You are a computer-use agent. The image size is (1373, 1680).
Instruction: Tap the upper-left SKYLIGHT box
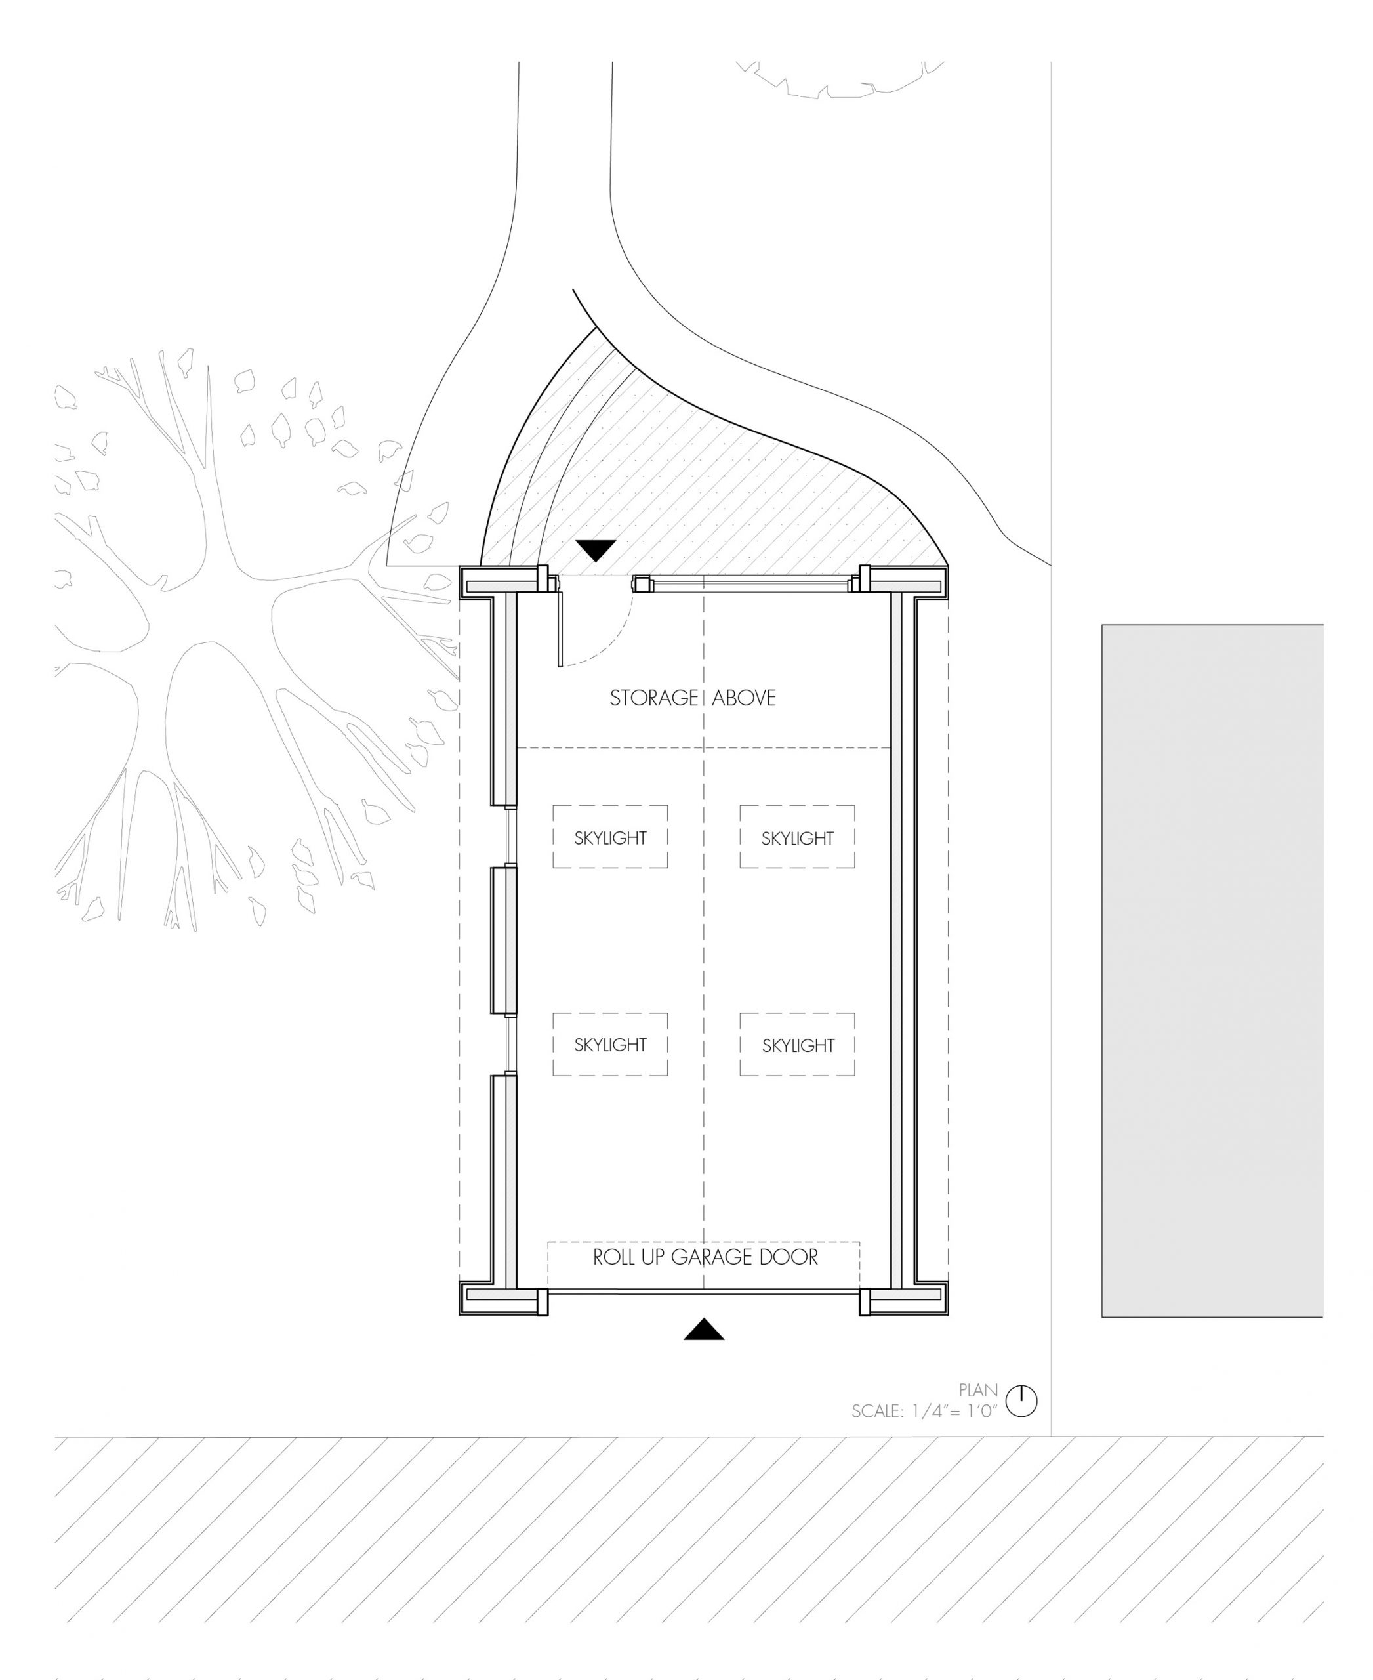click(x=610, y=837)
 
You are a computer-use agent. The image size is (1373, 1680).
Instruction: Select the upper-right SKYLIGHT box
click(x=797, y=837)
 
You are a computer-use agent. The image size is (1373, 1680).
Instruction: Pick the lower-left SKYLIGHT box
click(x=610, y=1045)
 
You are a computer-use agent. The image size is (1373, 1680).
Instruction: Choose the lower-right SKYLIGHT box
click(x=797, y=1045)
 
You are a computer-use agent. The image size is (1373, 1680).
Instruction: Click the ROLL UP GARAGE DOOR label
click(x=705, y=1257)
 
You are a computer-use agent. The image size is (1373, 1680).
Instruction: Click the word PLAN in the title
click(x=978, y=1391)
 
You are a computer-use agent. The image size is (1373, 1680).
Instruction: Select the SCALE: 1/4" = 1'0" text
click(x=924, y=1411)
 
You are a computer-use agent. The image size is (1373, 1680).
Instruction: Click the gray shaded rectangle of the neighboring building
click(x=1212, y=971)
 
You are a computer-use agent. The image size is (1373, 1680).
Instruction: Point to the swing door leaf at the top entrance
click(x=559, y=626)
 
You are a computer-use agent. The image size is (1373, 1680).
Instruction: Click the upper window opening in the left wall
click(x=512, y=837)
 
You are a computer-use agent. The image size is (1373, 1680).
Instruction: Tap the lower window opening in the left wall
click(x=512, y=1045)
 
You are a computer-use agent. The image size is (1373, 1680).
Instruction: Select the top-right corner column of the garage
click(x=904, y=582)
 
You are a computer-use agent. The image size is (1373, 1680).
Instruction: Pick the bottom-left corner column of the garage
click(x=504, y=1299)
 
